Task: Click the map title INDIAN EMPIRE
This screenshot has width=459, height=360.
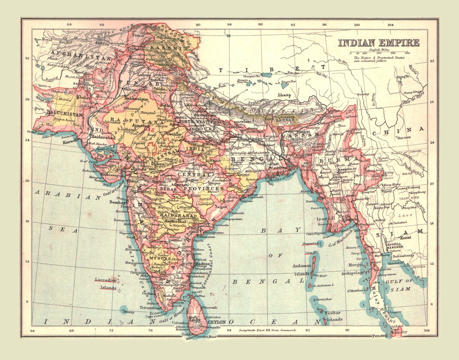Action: tap(378, 43)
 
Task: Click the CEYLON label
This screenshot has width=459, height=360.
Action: tap(217, 322)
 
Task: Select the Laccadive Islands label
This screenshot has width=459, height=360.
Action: tap(106, 284)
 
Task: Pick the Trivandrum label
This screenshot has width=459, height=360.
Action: tap(148, 307)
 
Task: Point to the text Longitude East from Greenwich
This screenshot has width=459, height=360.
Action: tap(268, 330)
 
